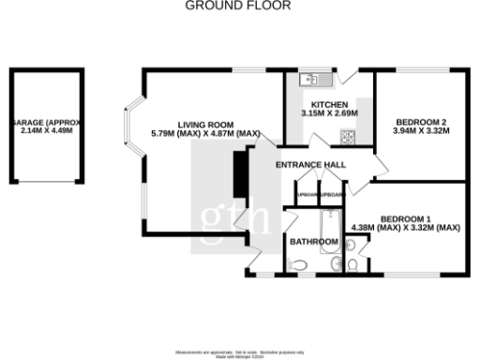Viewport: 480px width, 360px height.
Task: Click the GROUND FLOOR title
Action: pyautogui.click(x=238, y=6)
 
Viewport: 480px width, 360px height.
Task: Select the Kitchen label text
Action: pyautogui.click(x=330, y=105)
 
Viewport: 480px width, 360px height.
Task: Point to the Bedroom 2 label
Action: pyautogui.click(x=420, y=122)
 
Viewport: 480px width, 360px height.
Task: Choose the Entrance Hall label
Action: pyautogui.click(x=310, y=165)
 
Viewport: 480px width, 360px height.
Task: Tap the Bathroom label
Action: pyautogui.click(x=313, y=242)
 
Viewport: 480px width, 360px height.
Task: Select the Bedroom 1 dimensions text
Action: pyautogui.click(x=405, y=227)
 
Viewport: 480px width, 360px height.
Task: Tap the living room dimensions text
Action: pyautogui.click(x=205, y=134)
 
